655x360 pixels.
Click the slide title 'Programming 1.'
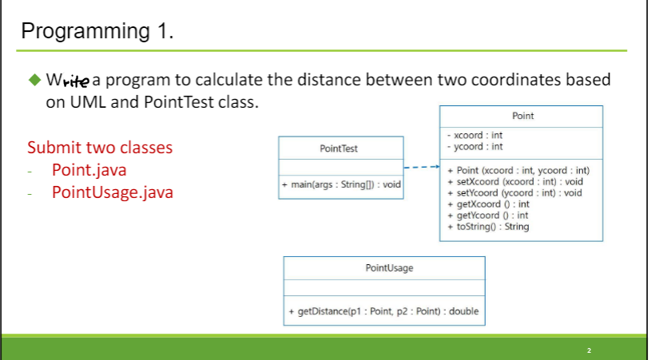pos(97,31)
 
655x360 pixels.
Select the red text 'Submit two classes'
pos(100,148)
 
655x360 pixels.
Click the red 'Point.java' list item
pos(89,170)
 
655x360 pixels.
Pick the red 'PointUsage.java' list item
pos(112,192)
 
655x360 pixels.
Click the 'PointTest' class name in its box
pos(340,148)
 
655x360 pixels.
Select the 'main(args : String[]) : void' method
pos(341,185)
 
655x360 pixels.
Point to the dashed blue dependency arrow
pos(421,168)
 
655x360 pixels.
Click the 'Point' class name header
pos(522,116)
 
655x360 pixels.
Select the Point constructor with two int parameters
pos(518,171)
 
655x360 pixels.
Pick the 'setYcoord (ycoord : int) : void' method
pos(514,193)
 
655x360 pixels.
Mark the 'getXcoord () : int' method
pos(488,204)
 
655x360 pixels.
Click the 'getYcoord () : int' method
pos(488,216)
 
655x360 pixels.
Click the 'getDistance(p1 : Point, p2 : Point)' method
pos(383,311)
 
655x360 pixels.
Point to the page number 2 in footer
pos(589,350)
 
